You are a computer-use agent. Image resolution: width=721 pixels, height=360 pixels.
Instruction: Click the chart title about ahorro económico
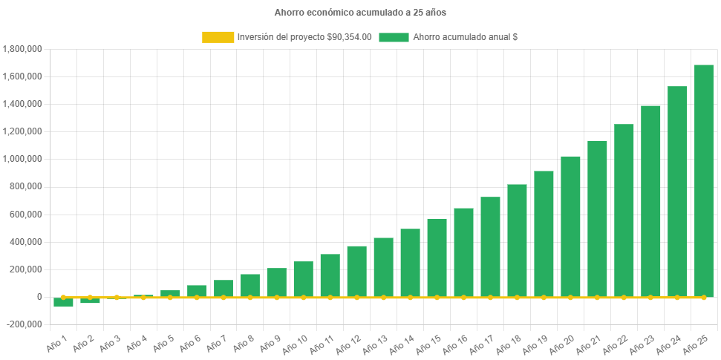(360, 13)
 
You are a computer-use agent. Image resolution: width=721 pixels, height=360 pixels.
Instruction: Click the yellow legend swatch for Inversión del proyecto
(217, 36)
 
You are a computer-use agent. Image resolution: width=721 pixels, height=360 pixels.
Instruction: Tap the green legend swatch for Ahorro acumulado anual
(394, 36)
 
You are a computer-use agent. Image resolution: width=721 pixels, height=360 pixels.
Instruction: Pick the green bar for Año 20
(570, 226)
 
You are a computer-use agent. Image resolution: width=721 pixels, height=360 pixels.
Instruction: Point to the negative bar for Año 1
(63, 302)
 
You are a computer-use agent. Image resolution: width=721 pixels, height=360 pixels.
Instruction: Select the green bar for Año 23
(650, 200)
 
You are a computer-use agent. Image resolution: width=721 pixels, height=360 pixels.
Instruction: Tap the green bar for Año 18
(517, 240)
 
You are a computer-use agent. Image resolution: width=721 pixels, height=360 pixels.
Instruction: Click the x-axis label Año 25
(698, 344)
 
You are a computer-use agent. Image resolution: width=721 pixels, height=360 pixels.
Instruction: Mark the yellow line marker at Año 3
(117, 297)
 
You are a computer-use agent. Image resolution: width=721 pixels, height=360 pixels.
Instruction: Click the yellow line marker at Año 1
(63, 297)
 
